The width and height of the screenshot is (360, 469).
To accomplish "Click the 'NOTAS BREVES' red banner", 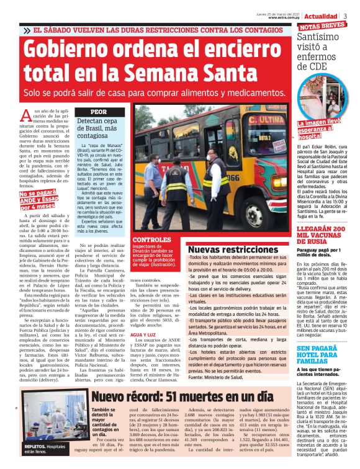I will click(x=323, y=26).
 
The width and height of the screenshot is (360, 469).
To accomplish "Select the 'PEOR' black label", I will click(x=99, y=112).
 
